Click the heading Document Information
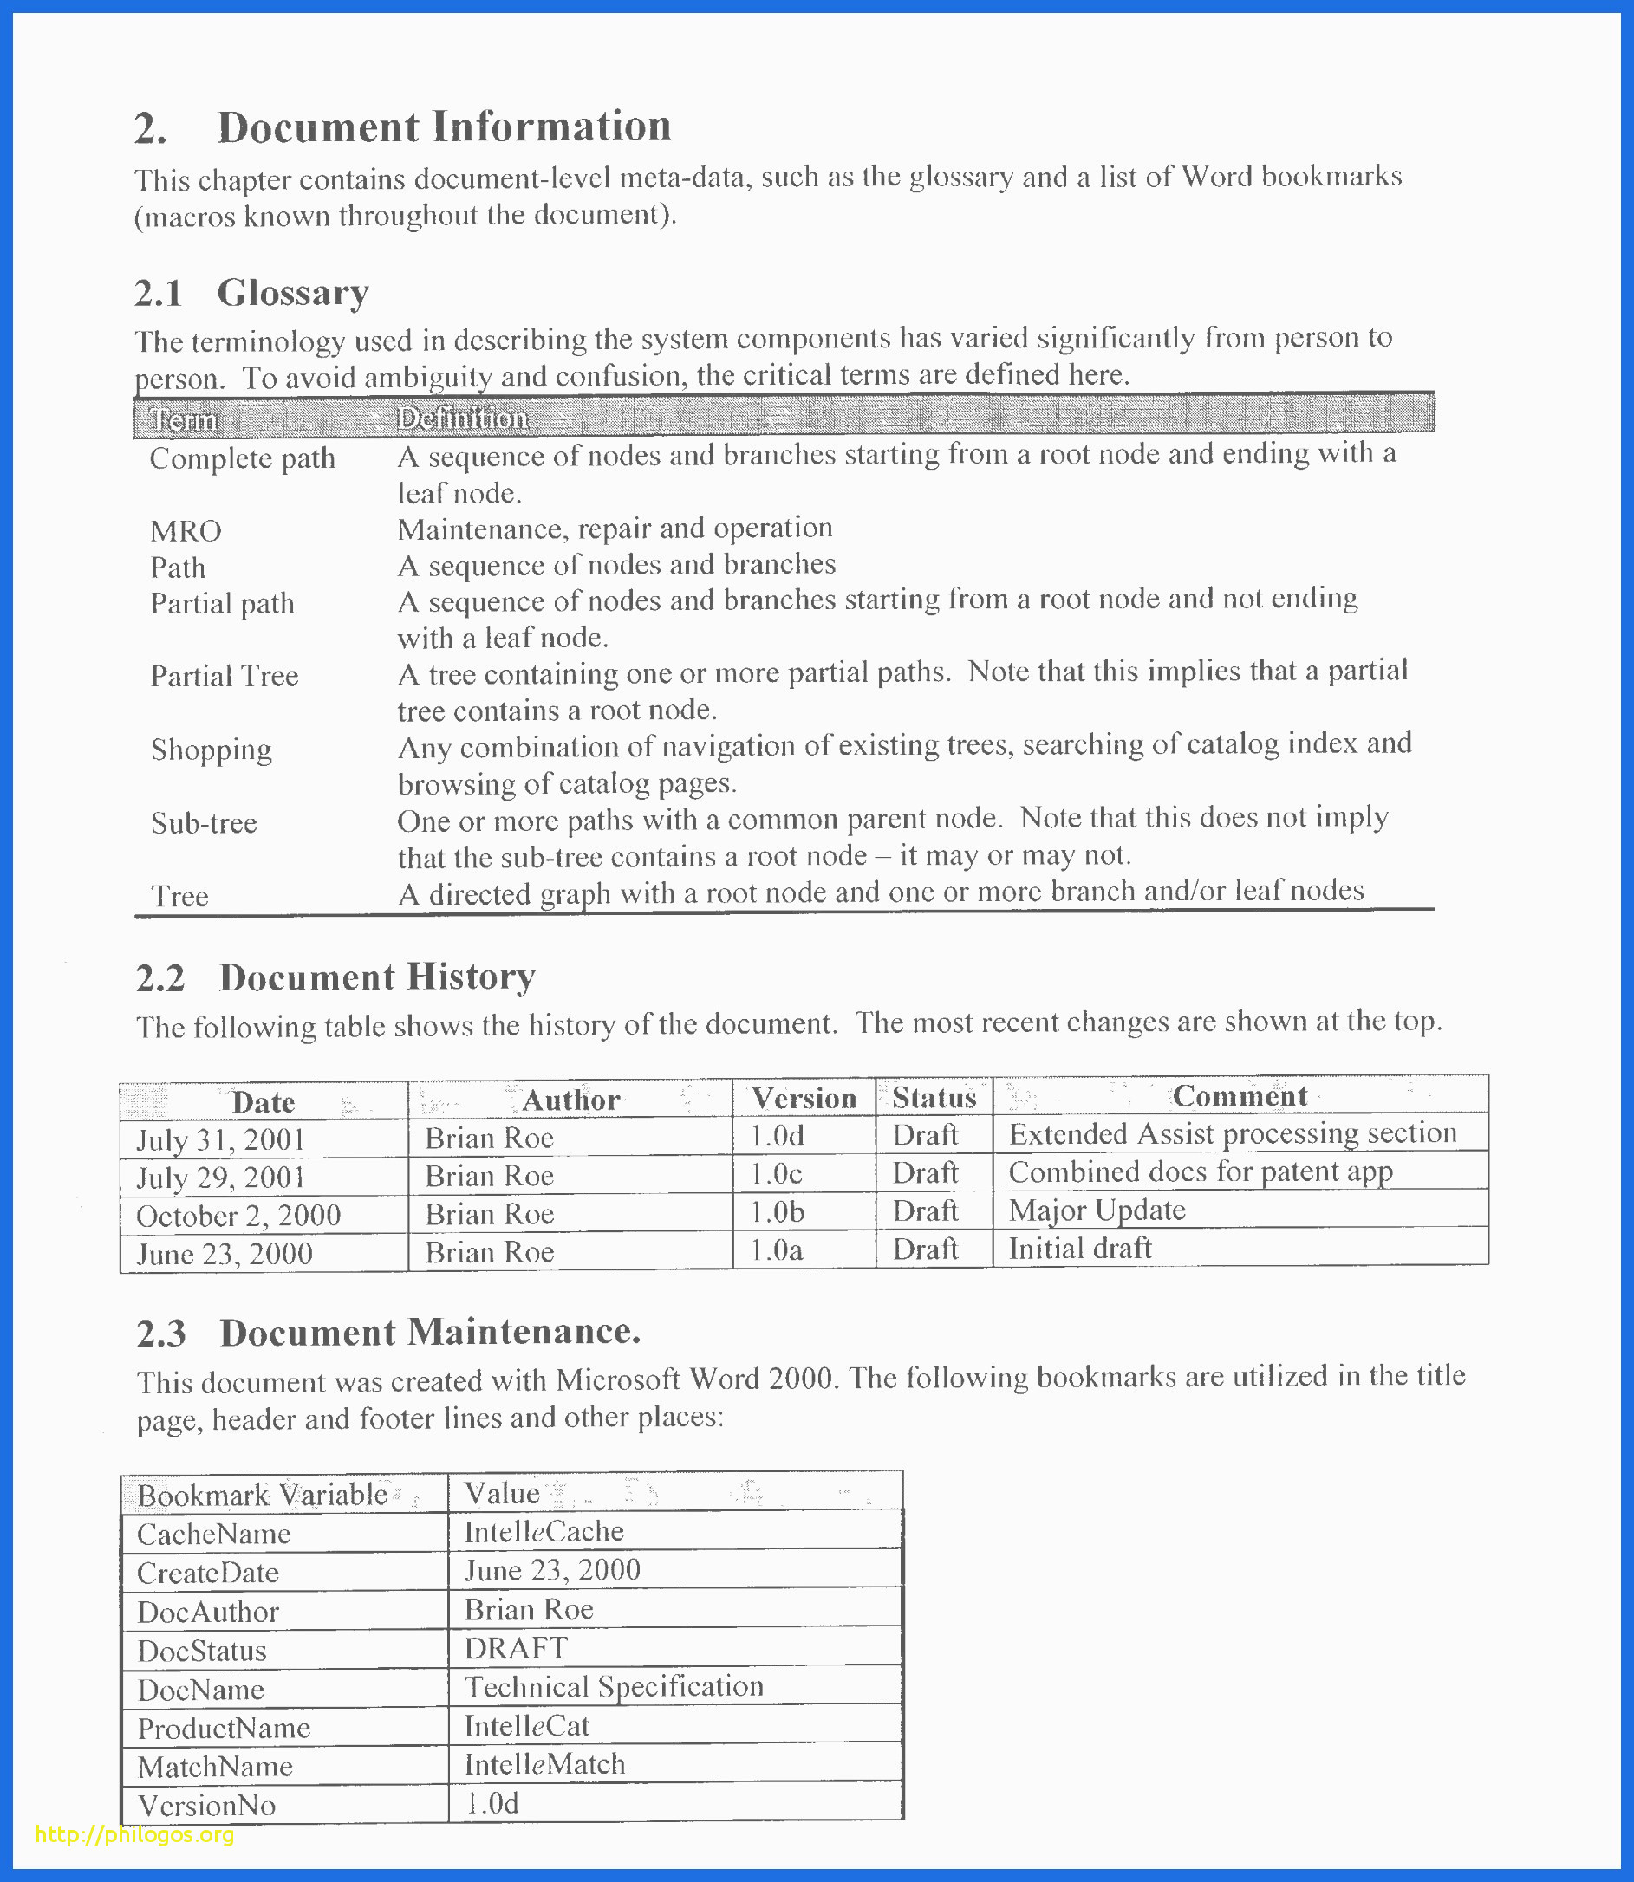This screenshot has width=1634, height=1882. (443, 127)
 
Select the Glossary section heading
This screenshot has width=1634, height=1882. (292, 294)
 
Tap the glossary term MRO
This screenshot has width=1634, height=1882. (186, 531)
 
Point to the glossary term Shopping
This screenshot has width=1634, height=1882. (211, 750)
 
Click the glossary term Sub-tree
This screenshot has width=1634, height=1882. (204, 824)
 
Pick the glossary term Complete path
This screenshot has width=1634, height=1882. (242, 458)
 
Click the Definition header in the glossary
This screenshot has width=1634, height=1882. (462, 419)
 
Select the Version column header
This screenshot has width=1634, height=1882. (804, 1099)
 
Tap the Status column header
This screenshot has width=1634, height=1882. (934, 1098)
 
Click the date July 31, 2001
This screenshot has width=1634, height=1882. (220, 1140)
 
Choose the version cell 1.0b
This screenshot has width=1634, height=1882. (777, 1212)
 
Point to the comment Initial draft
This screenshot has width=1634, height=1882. (1079, 1249)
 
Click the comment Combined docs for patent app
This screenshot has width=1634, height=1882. (1200, 1172)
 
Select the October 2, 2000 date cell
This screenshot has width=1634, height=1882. (238, 1216)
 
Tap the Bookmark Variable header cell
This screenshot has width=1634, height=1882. (263, 1496)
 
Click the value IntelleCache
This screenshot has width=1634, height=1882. (544, 1532)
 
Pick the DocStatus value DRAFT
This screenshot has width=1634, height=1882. (515, 1648)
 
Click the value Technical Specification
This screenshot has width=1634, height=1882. (614, 1687)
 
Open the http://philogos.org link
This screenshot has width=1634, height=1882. (134, 1834)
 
